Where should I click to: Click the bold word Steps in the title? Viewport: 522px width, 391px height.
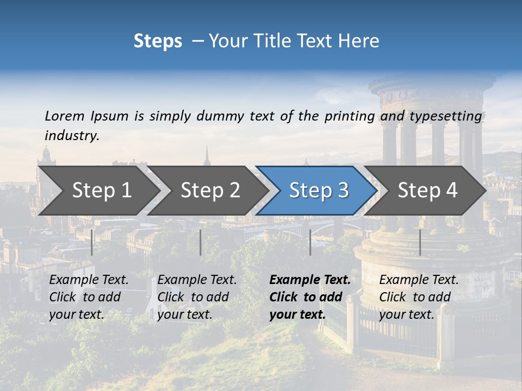click(x=158, y=41)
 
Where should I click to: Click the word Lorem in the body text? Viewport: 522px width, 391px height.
click(x=65, y=116)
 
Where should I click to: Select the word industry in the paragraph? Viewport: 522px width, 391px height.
click(x=72, y=136)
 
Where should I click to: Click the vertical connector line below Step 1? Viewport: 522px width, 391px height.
click(x=92, y=242)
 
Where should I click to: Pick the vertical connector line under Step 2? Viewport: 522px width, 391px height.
click(x=201, y=242)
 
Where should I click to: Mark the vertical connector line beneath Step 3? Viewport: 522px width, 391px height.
click(x=310, y=242)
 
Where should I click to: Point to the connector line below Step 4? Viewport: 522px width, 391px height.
click(x=420, y=242)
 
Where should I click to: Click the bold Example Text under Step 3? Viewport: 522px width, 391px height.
click(x=310, y=280)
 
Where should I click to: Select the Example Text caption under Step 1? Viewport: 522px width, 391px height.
click(x=89, y=280)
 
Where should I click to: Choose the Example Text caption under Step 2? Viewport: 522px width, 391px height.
click(x=197, y=280)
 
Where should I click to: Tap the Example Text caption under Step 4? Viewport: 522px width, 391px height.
click(x=419, y=280)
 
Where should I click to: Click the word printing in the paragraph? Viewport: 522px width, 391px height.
click(x=350, y=116)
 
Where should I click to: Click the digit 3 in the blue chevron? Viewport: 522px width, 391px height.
click(x=343, y=191)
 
